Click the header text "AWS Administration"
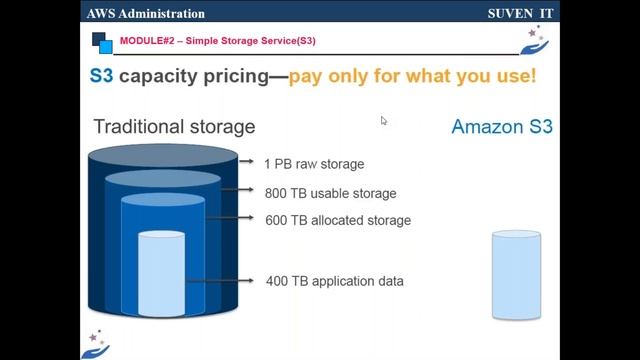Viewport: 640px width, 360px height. [146, 14]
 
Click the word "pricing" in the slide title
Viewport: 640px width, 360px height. [229, 76]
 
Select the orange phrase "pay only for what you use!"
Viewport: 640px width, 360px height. [412, 76]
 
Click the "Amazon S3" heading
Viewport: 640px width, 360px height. [501, 127]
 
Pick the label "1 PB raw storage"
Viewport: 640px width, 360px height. [314, 163]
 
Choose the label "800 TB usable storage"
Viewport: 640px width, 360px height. [330, 193]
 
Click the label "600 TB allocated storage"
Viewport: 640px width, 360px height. [338, 220]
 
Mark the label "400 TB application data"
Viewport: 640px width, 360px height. [334, 281]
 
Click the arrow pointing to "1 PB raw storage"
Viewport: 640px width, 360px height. [246, 160]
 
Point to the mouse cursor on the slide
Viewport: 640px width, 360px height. [383, 120]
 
